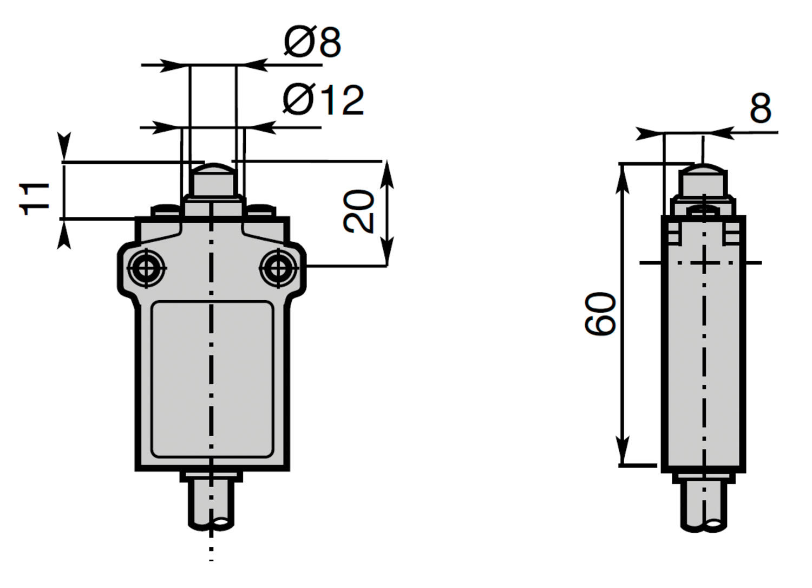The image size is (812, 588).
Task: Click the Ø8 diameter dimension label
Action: [x=312, y=42]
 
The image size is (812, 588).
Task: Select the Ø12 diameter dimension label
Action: [x=323, y=100]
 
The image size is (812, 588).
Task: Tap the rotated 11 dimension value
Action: [x=34, y=199]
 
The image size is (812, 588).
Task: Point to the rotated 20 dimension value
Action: [x=358, y=211]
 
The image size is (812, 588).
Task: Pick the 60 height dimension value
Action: [x=600, y=314]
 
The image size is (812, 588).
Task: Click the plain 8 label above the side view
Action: [x=761, y=108]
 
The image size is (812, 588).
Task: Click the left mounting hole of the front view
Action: [x=147, y=269]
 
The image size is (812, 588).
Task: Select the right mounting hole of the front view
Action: [x=278, y=269]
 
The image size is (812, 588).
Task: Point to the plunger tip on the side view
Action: [x=703, y=180]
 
